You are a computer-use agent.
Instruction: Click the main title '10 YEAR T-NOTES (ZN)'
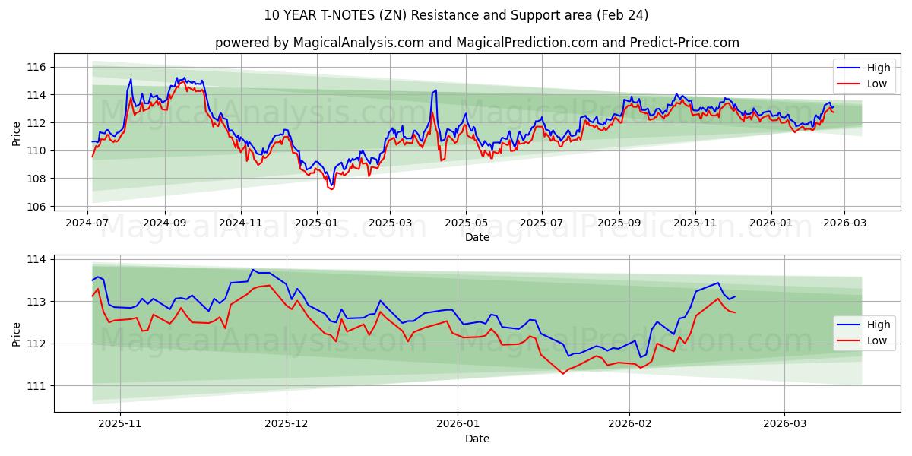pos(456,15)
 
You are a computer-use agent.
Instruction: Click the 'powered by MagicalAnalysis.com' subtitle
pos(477,43)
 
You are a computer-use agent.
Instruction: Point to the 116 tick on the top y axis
pos(36,68)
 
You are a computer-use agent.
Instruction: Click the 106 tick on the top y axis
pos(36,207)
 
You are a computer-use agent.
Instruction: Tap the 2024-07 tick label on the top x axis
pos(87,223)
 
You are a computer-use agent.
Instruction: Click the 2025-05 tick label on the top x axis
pos(466,223)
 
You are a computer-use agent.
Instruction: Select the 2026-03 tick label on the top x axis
pos(845,223)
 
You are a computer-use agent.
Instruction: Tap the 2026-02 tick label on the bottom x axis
pos(630,424)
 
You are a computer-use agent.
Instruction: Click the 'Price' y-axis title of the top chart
pos(17,134)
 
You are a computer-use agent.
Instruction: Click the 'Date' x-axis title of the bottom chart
pos(477,439)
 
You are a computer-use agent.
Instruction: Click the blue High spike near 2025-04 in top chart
pos(435,90)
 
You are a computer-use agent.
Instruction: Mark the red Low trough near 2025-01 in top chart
pos(331,188)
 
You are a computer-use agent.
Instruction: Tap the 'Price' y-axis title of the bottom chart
pos(17,334)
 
